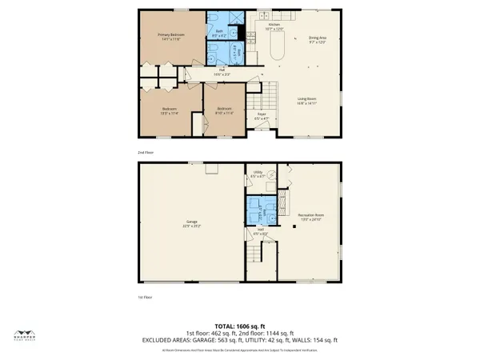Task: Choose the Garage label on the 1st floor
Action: pyautogui.click(x=192, y=222)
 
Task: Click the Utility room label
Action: pyautogui.click(x=258, y=173)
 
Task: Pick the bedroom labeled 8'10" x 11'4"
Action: pyautogui.click(x=224, y=110)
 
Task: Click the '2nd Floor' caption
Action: pyautogui.click(x=145, y=151)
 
